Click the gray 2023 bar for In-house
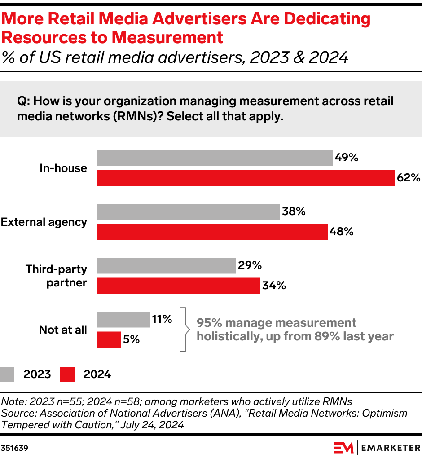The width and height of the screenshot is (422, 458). (215, 158)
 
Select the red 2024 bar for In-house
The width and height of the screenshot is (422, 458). (246, 178)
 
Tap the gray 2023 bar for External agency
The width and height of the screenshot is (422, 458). (189, 212)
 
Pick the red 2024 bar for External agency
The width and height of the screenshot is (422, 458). (212, 232)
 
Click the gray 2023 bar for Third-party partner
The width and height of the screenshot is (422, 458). (167, 265)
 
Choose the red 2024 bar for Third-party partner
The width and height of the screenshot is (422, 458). (179, 286)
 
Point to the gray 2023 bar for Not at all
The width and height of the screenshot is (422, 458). (123, 319)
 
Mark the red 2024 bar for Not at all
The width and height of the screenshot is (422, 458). (109, 339)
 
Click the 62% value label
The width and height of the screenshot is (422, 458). (408, 178)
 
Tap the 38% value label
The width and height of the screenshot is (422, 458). (294, 211)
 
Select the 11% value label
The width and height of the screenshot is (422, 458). (162, 319)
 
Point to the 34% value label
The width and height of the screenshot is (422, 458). (274, 286)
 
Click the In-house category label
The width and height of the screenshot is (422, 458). (63, 168)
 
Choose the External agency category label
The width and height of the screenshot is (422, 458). (44, 222)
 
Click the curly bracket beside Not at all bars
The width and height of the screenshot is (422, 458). (183, 329)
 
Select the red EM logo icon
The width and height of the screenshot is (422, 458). (343, 448)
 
